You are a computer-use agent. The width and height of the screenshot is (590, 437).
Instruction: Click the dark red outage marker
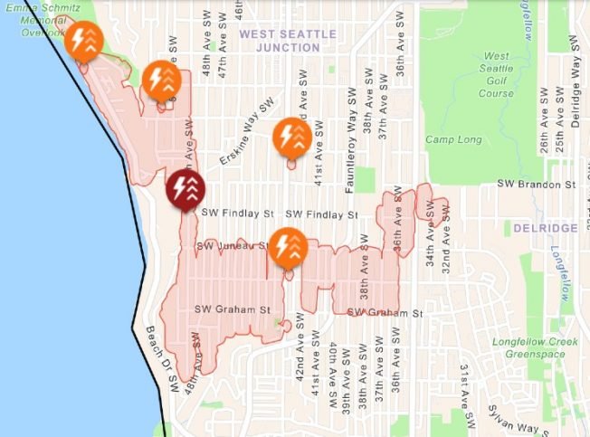pyautogui.click(x=186, y=190)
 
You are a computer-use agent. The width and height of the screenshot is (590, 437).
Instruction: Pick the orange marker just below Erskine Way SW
pyautogui.click(x=292, y=138)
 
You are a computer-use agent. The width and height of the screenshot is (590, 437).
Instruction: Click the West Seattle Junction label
pyautogui.click(x=288, y=41)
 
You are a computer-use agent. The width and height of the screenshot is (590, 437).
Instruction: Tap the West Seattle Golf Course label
pyautogui.click(x=496, y=75)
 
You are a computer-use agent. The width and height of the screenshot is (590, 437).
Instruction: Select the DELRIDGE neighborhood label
pyautogui.click(x=545, y=228)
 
